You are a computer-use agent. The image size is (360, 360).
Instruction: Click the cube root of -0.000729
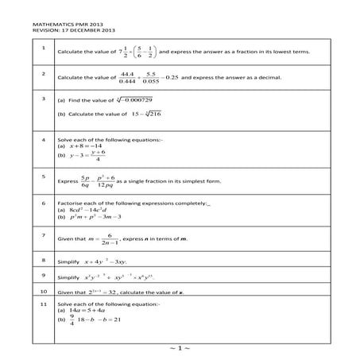click(136, 102)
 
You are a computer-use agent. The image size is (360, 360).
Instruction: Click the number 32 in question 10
click(122, 292)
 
